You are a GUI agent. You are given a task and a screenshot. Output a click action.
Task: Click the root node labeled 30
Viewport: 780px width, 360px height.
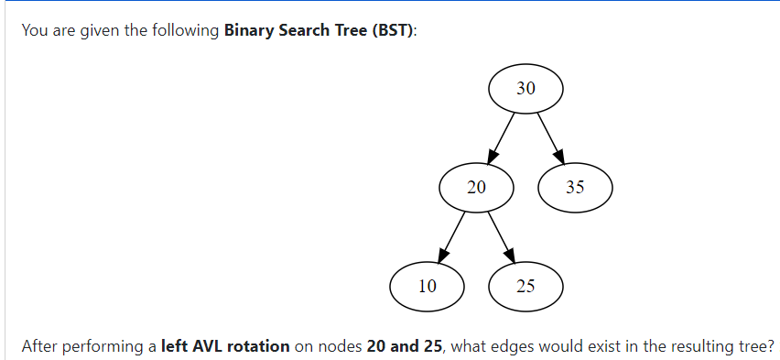tap(525, 89)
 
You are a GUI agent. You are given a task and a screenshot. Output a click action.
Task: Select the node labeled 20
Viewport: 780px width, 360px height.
tap(476, 188)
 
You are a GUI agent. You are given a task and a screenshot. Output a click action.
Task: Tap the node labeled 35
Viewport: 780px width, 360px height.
tap(575, 188)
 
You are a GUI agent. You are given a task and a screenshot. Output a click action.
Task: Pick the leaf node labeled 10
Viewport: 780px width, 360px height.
tap(427, 286)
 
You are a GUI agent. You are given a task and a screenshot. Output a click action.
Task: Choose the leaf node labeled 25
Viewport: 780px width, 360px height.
tap(525, 286)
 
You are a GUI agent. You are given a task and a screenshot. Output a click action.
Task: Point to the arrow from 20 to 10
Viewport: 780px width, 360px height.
tap(451, 236)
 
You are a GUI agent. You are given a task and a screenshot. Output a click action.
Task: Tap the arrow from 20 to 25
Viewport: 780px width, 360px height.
tap(501, 236)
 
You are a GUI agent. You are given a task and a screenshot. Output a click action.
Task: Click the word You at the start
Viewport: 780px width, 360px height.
tap(34, 30)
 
